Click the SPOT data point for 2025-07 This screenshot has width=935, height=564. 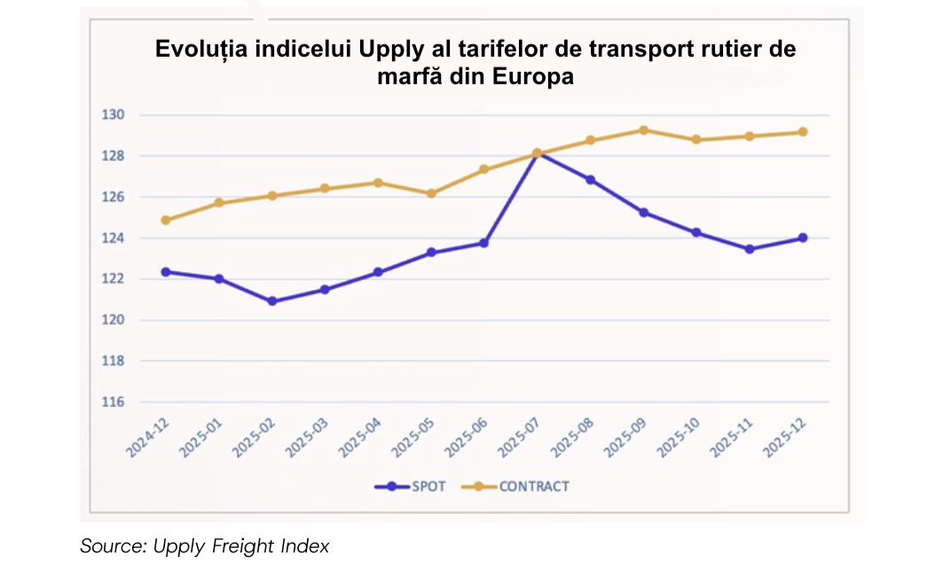[x=538, y=154]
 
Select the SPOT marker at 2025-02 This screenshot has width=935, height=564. [x=272, y=302]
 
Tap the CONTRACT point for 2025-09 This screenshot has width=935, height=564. [x=643, y=130]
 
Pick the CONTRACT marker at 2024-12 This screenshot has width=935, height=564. [x=166, y=220]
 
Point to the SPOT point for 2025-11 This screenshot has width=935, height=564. [x=750, y=249]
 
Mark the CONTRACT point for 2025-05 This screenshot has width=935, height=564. [x=431, y=193]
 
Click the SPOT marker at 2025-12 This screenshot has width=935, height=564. [x=803, y=238]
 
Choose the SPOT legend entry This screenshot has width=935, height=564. [x=410, y=486]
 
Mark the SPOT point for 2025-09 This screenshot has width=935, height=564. [x=643, y=213]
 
